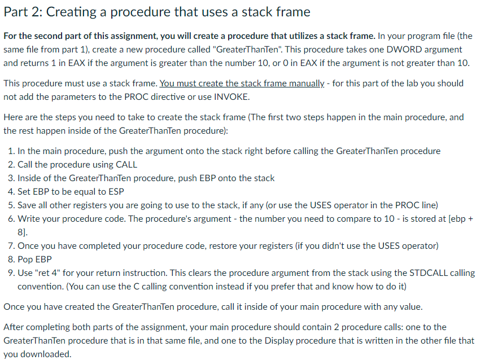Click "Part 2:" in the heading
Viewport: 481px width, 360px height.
coord(24,11)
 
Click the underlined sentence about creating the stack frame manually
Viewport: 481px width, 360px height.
coord(242,83)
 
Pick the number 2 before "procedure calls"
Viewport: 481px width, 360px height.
coord(340,327)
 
